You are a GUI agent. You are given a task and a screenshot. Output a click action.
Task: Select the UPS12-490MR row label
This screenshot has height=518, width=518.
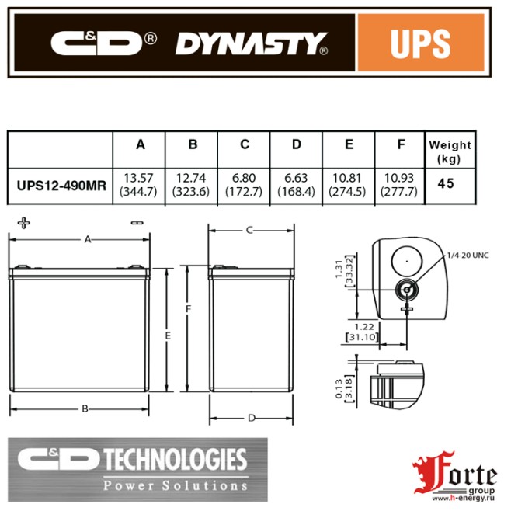click(60, 186)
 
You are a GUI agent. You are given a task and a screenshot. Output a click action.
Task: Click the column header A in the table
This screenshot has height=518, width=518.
click(141, 145)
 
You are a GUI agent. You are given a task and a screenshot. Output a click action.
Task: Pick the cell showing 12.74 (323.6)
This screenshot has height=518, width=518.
click(193, 186)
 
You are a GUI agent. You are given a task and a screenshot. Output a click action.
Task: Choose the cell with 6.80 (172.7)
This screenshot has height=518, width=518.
click(245, 186)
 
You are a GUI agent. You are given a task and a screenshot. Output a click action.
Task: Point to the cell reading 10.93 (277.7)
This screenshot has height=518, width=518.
click(400, 186)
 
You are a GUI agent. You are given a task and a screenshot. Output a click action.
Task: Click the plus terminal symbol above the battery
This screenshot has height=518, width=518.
click(23, 223)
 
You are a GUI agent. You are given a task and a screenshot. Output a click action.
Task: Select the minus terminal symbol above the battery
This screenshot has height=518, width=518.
click(137, 223)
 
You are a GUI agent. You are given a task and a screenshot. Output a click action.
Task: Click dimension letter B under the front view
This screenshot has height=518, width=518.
click(85, 408)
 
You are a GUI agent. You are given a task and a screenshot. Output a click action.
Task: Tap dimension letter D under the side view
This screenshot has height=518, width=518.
click(251, 418)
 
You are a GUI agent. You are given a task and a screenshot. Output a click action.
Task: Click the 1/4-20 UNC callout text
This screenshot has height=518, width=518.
click(468, 255)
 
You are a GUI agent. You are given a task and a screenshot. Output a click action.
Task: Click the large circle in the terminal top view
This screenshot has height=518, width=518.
click(405, 258)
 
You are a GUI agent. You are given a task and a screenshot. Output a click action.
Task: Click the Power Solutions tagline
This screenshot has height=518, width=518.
click(176, 485)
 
